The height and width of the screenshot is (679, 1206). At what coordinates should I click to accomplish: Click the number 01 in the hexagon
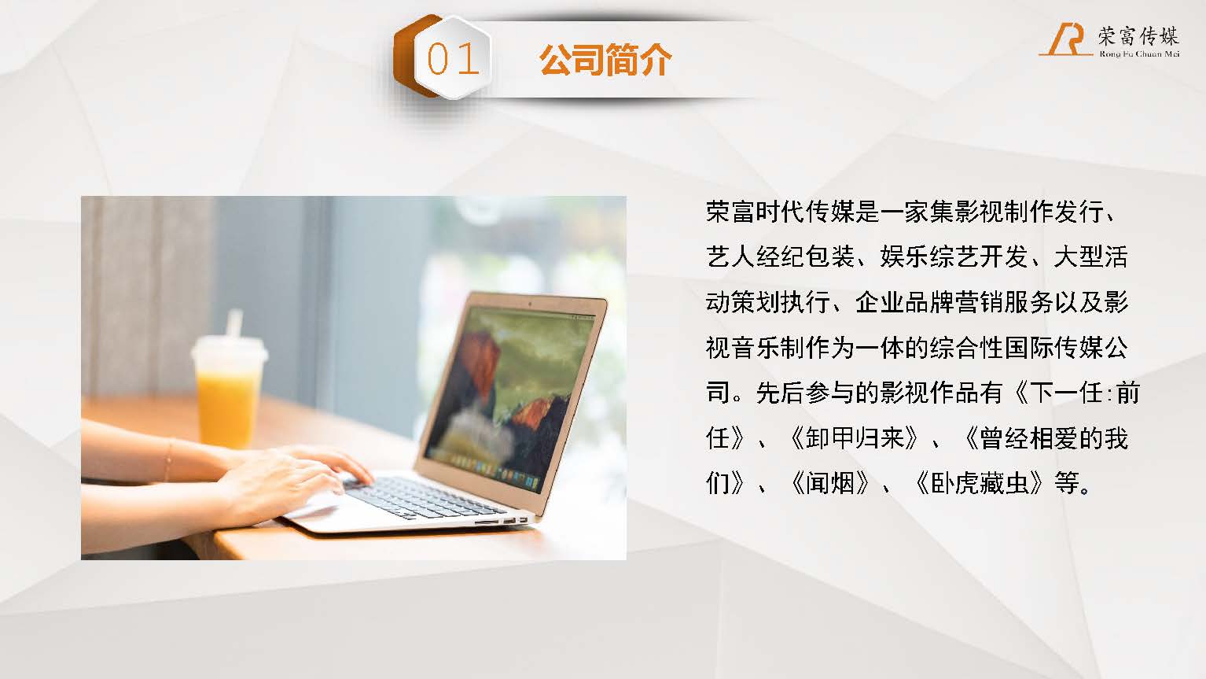(453, 59)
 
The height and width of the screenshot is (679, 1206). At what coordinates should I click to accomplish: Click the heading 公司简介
(605, 59)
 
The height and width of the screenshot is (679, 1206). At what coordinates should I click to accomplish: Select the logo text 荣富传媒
(1138, 36)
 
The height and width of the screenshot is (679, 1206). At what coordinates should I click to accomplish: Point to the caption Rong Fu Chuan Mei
(1139, 54)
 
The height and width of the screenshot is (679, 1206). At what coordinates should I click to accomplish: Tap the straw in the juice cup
(233, 323)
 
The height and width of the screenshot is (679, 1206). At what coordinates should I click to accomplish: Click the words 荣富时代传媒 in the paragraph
(780, 212)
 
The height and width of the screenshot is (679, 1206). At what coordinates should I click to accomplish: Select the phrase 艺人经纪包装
(780, 257)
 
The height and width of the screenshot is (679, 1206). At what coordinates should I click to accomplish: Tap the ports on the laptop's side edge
(502, 521)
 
